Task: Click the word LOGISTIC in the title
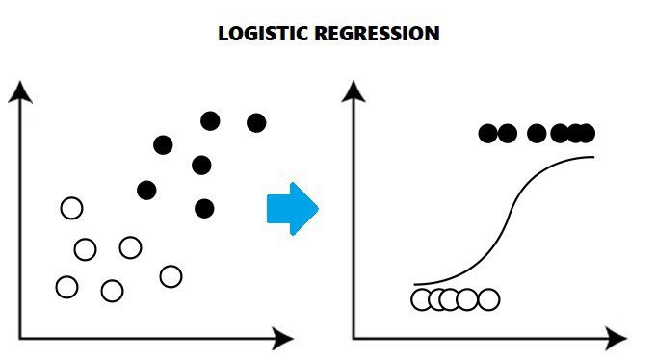coord(259,34)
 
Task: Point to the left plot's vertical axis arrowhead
coord(20,91)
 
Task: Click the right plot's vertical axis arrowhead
coord(354,91)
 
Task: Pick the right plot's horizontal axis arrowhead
coord(616,338)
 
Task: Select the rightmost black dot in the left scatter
coord(256,122)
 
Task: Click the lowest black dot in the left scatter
coord(203,208)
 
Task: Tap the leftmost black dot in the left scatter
coord(146,190)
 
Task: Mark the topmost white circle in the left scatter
coord(71,208)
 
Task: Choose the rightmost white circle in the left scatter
coord(171,276)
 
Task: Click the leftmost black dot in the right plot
coord(489,133)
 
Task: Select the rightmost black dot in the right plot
coord(585,133)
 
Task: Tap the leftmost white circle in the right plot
coord(422,299)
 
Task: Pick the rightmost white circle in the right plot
coord(488,299)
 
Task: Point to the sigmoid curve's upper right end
coord(591,156)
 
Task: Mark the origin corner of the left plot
coord(20,338)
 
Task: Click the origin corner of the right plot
coord(354,338)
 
